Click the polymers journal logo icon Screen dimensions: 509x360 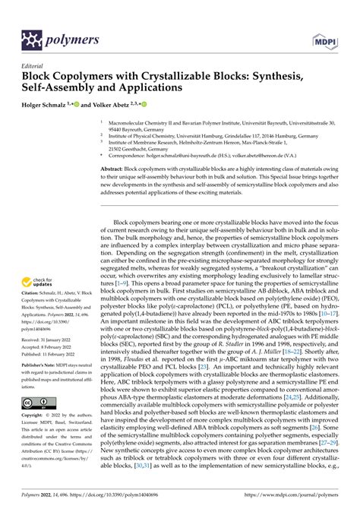pos(33,39)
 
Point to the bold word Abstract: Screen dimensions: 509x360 pos(115,169)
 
